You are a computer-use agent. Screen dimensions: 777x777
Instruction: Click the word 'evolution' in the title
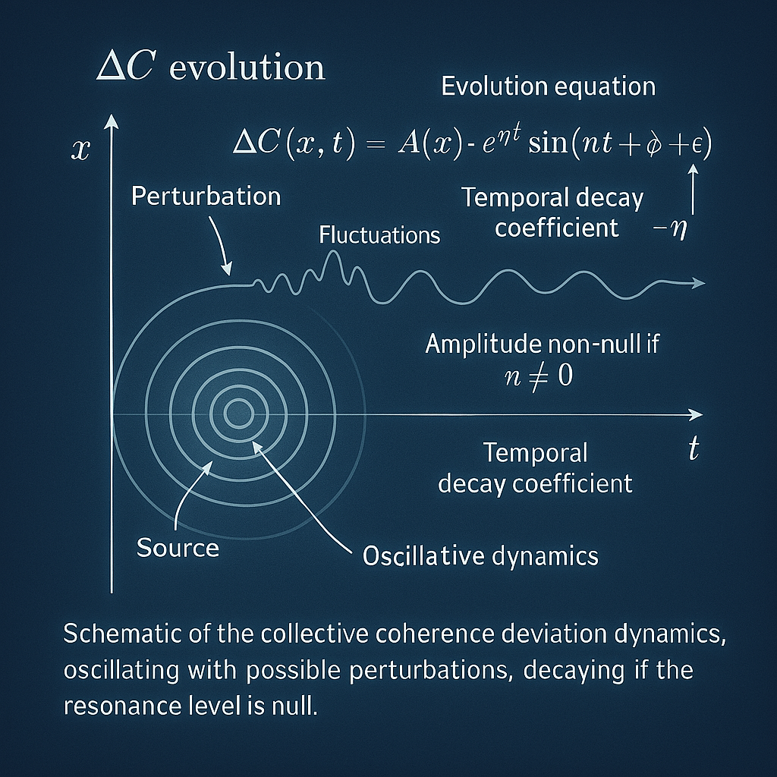(247, 67)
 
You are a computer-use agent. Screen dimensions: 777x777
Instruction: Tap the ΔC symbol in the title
(126, 66)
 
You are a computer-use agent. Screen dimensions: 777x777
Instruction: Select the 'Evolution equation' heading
(549, 87)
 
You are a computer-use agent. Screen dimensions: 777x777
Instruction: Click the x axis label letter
(80, 149)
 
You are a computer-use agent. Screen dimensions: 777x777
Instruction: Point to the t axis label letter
(694, 449)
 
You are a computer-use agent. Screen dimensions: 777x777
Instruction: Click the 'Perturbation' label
(206, 197)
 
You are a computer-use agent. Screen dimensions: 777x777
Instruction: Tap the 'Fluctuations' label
(379, 235)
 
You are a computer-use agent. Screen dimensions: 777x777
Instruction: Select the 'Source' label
(178, 548)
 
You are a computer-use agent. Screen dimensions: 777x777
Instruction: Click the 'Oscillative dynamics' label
(480, 556)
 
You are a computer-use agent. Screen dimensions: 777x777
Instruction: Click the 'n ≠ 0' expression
(539, 376)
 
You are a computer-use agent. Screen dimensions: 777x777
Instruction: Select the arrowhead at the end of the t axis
(697, 415)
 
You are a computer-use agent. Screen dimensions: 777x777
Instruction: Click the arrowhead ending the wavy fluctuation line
(699, 283)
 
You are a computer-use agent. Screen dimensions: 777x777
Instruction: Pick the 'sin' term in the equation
(548, 143)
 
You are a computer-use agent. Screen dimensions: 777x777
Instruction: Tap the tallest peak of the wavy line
(334, 252)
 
